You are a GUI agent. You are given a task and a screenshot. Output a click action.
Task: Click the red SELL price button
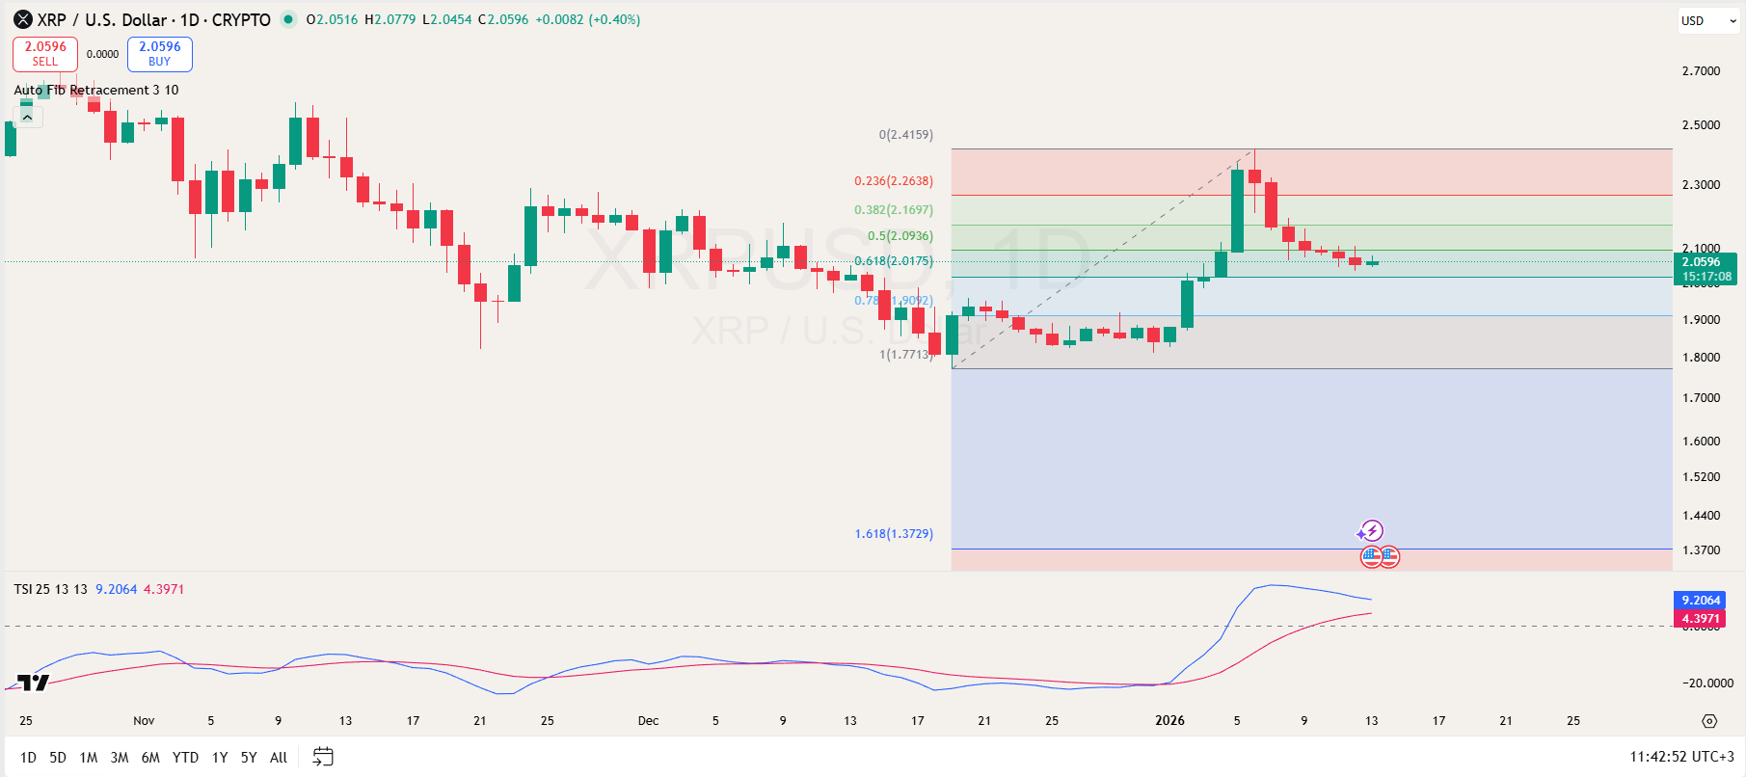coord(45,54)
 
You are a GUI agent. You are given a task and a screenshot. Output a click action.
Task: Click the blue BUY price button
coord(160,54)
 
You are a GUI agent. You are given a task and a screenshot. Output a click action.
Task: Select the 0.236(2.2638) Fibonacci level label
coord(893,181)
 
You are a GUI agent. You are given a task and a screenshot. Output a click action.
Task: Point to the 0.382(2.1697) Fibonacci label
coord(893,210)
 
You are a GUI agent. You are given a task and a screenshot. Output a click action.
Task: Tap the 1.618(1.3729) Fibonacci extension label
coord(893,534)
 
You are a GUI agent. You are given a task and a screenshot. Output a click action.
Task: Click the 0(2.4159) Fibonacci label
coord(905,135)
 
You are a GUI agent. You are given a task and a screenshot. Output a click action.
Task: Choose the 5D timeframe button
coord(58,758)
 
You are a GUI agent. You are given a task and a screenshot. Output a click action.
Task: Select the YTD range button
coord(185,758)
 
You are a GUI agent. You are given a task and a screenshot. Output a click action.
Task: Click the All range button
coord(279,758)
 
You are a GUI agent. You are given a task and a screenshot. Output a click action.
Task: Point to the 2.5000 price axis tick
coord(1701,125)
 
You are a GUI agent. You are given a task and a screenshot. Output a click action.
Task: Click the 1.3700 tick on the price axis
coord(1701,550)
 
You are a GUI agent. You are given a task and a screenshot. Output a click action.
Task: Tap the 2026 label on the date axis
coord(1169,721)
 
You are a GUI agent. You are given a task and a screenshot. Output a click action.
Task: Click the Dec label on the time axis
coord(648,721)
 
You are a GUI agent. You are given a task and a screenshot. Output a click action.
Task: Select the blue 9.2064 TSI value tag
coord(1700,600)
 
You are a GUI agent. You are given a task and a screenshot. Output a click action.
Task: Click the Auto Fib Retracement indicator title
coord(96,91)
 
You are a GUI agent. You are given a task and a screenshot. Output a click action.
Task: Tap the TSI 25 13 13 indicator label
coord(50,589)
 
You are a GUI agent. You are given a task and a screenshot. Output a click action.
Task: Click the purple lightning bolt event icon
coord(1370,531)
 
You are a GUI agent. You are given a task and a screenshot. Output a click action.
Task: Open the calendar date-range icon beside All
coord(323,757)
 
